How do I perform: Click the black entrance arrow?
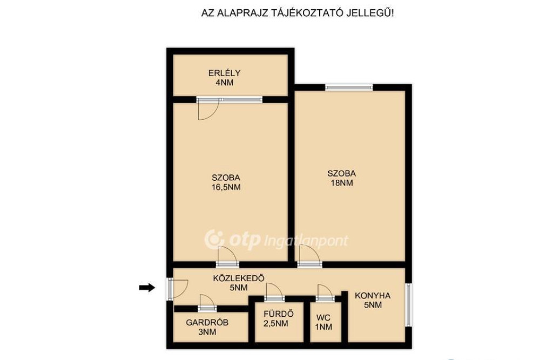[147, 288]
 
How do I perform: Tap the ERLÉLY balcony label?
[224, 73]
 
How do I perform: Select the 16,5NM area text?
[226, 187]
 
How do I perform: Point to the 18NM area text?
[342, 183]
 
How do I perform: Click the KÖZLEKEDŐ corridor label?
[239, 278]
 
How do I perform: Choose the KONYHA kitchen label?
[373, 295]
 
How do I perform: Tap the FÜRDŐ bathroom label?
[279, 314]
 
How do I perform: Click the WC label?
[323, 317]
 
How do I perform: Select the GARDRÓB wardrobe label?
[207, 322]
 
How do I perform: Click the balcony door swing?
[208, 110]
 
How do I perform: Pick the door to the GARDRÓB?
[207, 303]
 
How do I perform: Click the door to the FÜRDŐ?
[274, 293]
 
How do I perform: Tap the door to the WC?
[325, 293]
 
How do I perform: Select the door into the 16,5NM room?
[227, 257]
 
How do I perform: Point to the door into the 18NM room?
[309, 256]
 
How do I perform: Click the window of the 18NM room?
[349, 87]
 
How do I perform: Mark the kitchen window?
[408, 304]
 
